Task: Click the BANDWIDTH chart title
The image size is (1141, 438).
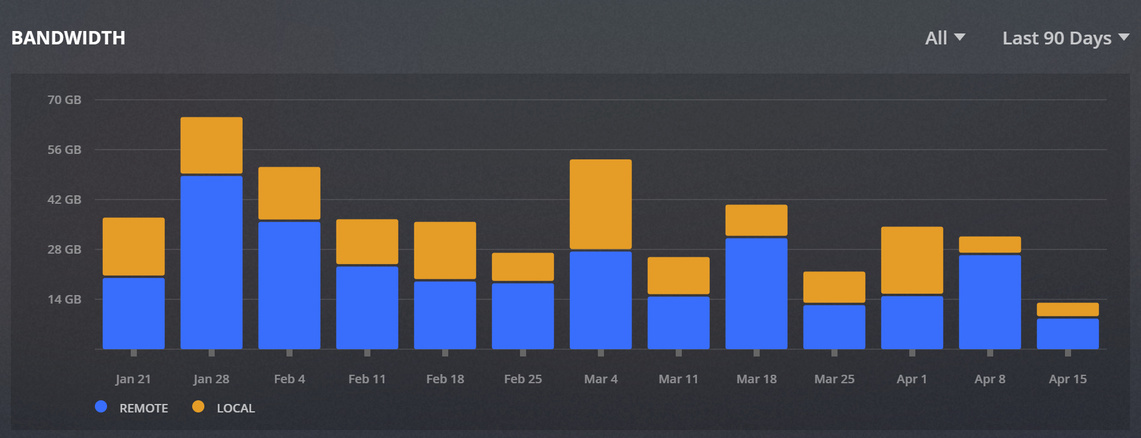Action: pos(68,38)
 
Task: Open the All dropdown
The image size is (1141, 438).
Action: pos(945,38)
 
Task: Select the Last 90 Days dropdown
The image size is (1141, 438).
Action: pos(1066,38)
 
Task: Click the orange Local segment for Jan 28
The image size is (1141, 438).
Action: pos(211,145)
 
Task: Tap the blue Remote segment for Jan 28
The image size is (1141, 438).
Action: pos(211,262)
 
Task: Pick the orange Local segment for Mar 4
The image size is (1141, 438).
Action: pos(600,204)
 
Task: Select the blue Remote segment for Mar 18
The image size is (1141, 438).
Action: pos(756,293)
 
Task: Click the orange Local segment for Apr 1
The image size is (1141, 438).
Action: pos(912,260)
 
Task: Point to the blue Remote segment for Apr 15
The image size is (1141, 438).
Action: pos(1068,333)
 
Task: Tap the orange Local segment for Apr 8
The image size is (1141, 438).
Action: pos(990,244)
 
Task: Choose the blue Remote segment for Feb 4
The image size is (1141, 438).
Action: pos(289,285)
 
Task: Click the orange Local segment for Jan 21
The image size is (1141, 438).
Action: pos(133,246)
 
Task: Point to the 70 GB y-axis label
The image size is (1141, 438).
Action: pos(64,100)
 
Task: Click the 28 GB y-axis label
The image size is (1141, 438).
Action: pos(64,249)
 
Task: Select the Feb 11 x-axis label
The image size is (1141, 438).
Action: pos(367,380)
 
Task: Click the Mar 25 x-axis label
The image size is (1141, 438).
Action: pos(834,380)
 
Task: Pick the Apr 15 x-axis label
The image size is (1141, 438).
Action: pos(1068,380)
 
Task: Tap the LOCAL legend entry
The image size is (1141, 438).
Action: pos(226,408)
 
